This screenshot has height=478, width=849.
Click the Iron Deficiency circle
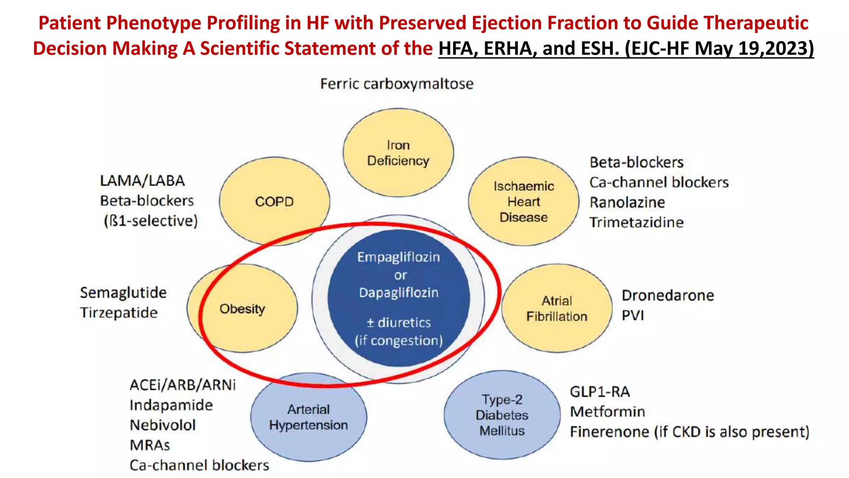[398, 153]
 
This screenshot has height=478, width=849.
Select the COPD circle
[274, 202]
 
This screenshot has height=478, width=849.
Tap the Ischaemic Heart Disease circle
[524, 202]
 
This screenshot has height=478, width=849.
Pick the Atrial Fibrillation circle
[557, 308]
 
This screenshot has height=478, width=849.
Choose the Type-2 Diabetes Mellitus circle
[502, 415]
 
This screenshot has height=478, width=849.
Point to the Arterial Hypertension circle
[308, 417]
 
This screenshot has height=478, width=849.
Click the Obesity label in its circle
[242, 309]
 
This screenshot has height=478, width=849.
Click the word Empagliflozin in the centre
[398, 257]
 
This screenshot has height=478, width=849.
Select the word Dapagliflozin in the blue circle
[398, 293]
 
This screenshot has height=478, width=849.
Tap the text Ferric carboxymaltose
[397, 84]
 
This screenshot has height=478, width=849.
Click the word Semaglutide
[123, 293]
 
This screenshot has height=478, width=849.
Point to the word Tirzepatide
[119, 312]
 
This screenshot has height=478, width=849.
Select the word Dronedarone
[668, 295]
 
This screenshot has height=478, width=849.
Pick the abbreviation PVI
[633, 315]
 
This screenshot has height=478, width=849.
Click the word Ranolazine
[627, 202]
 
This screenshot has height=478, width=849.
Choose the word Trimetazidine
[636, 222]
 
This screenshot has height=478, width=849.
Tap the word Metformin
[607, 412]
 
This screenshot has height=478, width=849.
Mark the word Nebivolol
[163, 425]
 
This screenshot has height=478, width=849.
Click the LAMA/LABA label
[142, 181]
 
